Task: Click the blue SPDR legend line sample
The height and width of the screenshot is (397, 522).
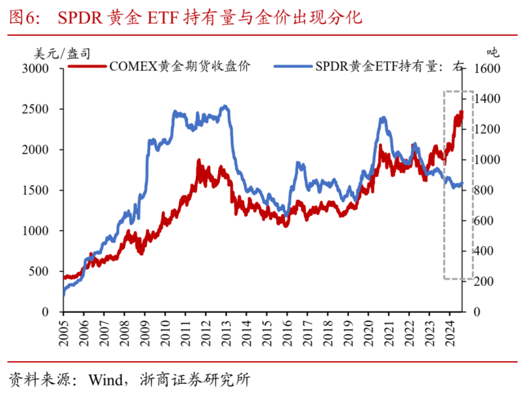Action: [293, 65]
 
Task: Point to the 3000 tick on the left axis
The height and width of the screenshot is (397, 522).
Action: [42, 69]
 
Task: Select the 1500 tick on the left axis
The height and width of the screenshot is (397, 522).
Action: [42, 190]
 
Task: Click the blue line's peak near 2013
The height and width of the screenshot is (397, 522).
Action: [224, 106]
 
